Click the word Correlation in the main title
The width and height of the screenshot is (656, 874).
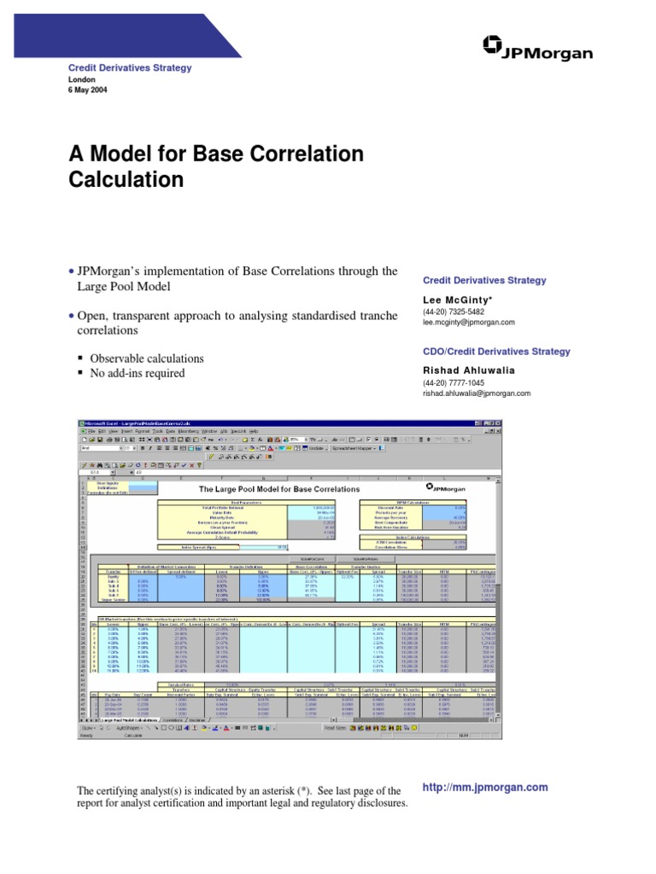pyautogui.click(x=300, y=154)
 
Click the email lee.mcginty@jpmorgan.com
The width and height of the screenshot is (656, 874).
pyautogui.click(x=469, y=323)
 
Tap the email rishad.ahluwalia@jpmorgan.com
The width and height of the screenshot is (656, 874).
pyautogui.click(x=477, y=393)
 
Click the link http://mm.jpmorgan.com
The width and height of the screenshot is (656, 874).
pyautogui.click(x=485, y=788)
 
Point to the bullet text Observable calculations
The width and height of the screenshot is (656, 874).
pyautogui.click(x=147, y=358)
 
